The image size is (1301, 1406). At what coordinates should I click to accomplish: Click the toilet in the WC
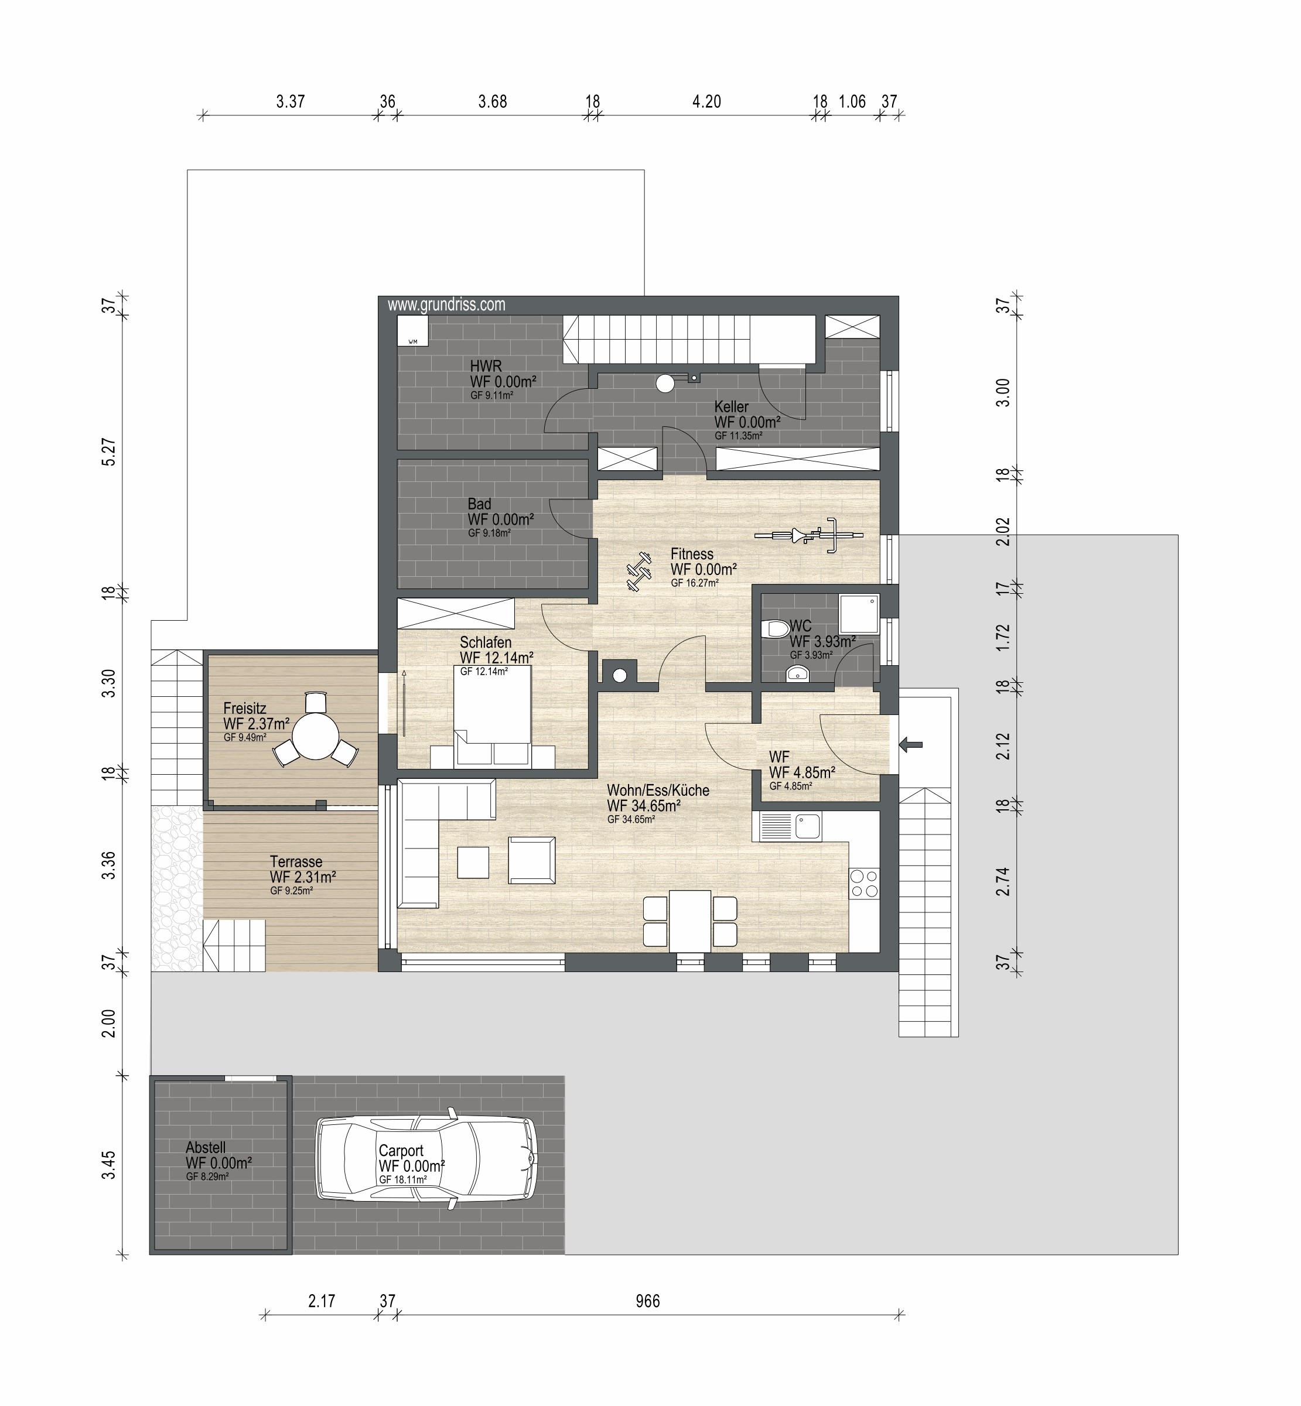coord(775,628)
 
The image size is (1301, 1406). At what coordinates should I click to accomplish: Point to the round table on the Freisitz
coord(315,736)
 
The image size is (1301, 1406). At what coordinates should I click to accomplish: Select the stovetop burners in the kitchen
coord(865,884)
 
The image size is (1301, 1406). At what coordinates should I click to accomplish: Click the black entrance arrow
coord(911,744)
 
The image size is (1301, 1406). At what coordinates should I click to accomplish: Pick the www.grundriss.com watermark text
coord(446,305)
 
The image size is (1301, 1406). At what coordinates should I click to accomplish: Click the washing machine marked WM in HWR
coord(412,331)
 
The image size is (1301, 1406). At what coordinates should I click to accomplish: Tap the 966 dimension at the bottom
coord(648,1301)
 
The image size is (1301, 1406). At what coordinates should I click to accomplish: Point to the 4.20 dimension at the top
coord(707,102)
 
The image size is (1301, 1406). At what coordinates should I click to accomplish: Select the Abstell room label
coord(206,1148)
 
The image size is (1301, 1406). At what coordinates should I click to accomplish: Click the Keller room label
coord(732,407)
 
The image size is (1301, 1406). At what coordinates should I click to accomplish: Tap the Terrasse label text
coord(296,862)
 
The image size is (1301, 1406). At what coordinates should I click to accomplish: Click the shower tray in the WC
coord(859,614)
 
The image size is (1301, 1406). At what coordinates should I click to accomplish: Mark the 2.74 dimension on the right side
coord(1003,881)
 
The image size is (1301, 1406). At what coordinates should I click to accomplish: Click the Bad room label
coord(479,504)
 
